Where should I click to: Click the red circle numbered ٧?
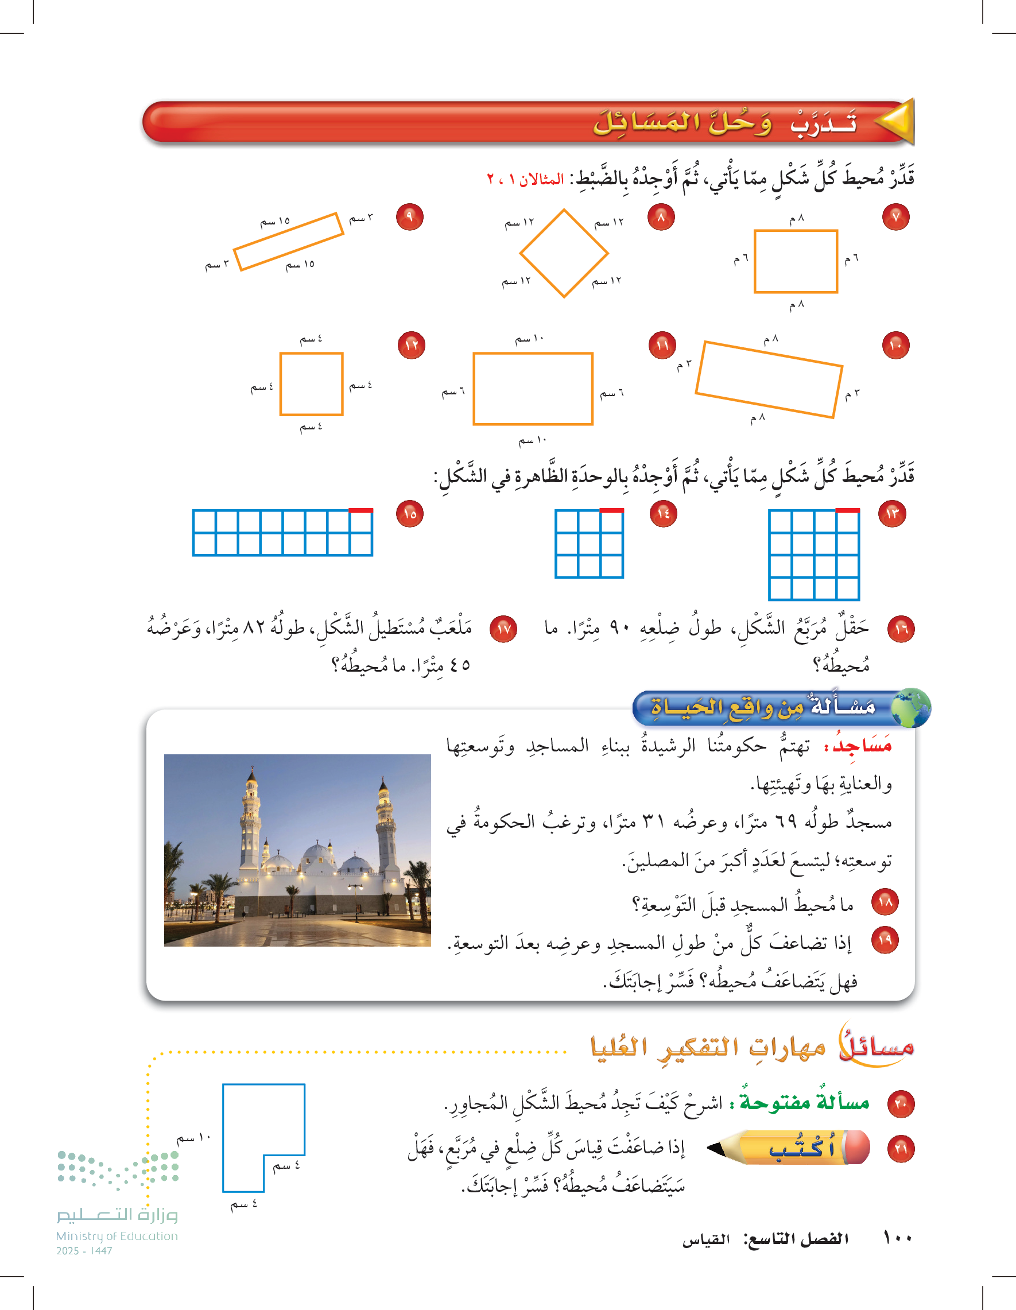click(x=895, y=217)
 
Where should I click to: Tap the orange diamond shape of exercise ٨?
click(x=564, y=253)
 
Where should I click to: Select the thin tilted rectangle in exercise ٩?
click(x=289, y=242)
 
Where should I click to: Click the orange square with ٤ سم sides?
click(x=311, y=384)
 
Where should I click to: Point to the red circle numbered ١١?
click(x=662, y=346)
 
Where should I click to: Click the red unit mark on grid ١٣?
click(x=847, y=511)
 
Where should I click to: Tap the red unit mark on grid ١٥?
click(x=360, y=511)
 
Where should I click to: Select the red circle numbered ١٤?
click(x=664, y=514)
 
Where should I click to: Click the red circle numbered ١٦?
click(x=901, y=629)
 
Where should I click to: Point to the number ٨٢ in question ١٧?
click(x=254, y=628)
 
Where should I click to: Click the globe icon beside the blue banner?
click(x=910, y=708)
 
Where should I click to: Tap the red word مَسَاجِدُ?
click(x=862, y=746)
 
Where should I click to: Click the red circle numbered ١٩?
click(x=885, y=940)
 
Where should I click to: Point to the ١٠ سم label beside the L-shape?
click(x=193, y=1138)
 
